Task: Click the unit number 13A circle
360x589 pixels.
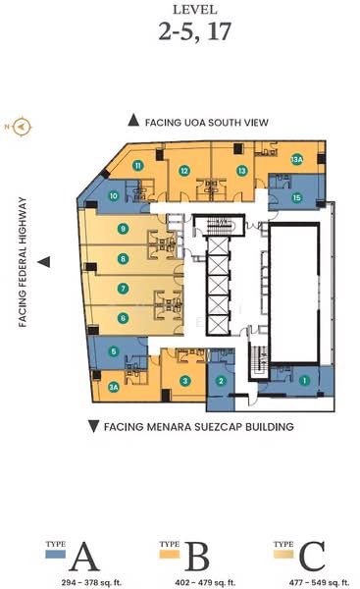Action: click(296, 159)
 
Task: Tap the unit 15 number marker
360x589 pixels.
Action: click(297, 197)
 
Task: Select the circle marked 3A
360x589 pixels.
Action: click(114, 387)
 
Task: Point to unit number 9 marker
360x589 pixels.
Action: click(123, 229)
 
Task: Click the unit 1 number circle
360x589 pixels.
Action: click(304, 380)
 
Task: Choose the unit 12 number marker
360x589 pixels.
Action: click(183, 171)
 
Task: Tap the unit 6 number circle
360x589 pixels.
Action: click(123, 317)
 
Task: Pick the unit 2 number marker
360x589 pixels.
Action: click(222, 381)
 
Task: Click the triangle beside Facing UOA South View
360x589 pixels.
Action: click(133, 120)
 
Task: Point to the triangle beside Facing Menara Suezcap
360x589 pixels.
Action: click(93, 426)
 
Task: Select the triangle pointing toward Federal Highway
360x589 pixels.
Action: click(43, 262)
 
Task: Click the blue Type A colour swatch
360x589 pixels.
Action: click(56, 555)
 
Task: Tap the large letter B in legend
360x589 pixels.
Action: click(197, 557)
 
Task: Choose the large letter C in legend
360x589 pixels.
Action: click(312, 557)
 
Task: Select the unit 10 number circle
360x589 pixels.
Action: click(114, 195)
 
